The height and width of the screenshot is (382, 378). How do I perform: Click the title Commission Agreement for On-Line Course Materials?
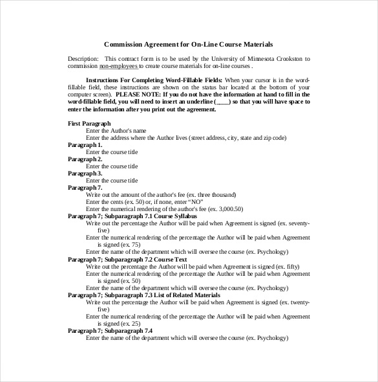188,45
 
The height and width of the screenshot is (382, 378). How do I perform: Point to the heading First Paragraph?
89,123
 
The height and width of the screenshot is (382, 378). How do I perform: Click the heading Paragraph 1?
85,144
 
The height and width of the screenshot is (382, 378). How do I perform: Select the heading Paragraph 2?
85,159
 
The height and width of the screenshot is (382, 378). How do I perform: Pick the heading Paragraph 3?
85,173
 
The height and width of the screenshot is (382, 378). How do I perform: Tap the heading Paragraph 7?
85,187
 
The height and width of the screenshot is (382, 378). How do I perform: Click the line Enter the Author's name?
121,130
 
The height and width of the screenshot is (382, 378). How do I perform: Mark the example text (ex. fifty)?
272,266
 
